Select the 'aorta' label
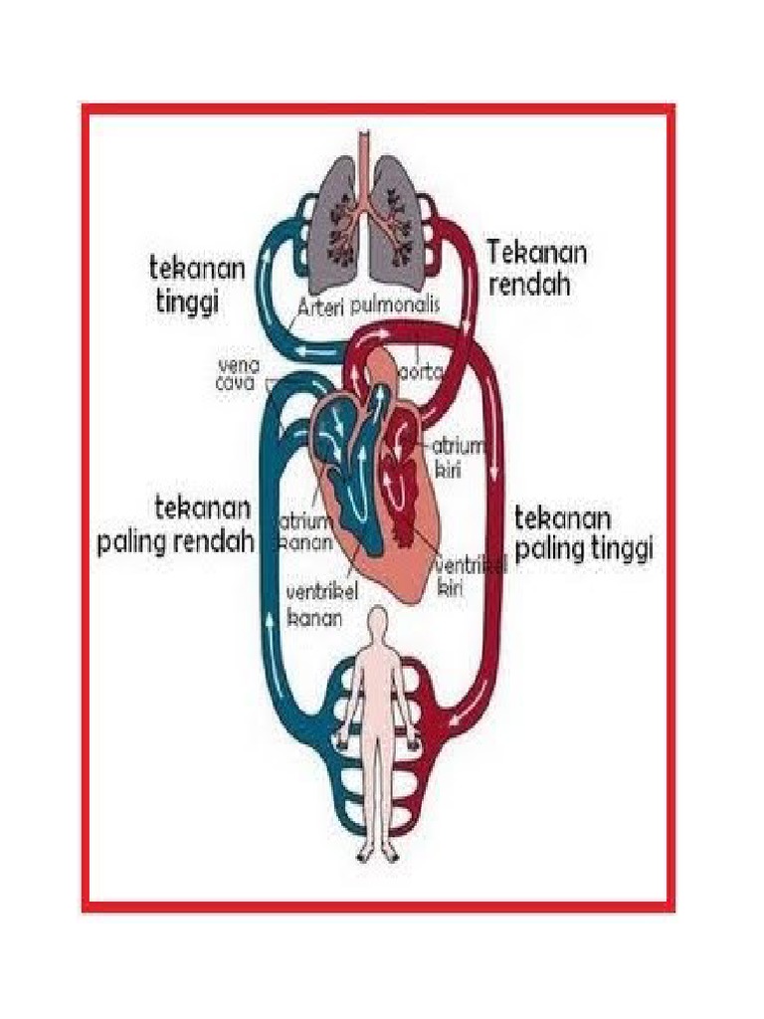[421, 372]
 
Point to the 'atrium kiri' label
[450, 456]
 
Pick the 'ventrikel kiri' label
[470, 576]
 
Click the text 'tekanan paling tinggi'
[583, 533]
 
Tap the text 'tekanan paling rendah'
[176, 525]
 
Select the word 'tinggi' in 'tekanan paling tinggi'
[619, 549]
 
